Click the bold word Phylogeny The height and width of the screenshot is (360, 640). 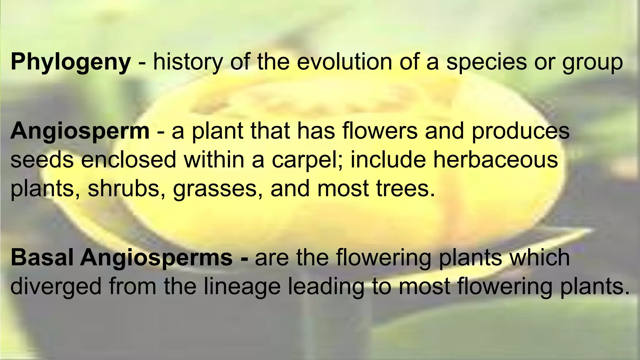pos(71,62)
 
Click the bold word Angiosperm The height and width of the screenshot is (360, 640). pos(80,132)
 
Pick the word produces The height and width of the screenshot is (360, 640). pos(521,132)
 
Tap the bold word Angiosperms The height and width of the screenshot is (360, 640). pos(156,258)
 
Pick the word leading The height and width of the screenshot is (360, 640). pos(326,287)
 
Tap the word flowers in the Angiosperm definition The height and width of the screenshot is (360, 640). pos(380,131)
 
